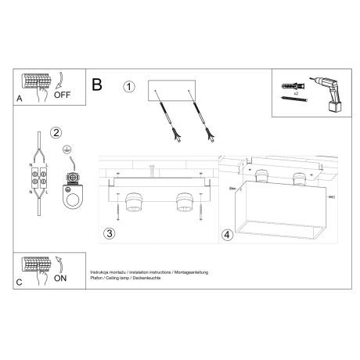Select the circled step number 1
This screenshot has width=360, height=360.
click(x=129, y=86)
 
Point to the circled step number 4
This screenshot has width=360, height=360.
click(x=227, y=234)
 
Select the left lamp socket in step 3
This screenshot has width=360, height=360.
click(x=134, y=203)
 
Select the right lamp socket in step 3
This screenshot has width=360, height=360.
click(x=185, y=202)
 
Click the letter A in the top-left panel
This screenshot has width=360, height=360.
click(x=19, y=99)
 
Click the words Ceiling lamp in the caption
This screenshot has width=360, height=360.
click(x=118, y=278)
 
